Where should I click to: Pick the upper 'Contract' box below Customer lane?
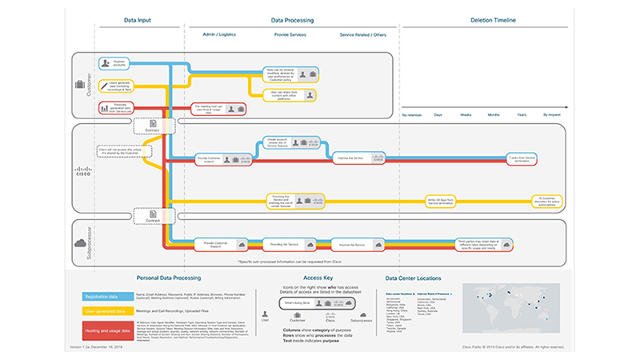[x=150, y=126]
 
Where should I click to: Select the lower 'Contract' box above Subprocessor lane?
[x=150, y=214]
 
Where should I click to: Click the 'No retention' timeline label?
[x=411, y=116]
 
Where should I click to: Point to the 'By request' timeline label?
[x=553, y=116]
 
